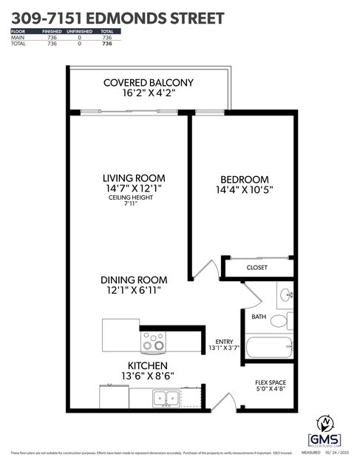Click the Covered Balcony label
(x=149, y=82)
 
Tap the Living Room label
(x=134, y=178)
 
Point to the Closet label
(x=257, y=267)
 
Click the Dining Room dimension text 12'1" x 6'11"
(x=134, y=291)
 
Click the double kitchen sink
(x=165, y=397)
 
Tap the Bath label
(x=259, y=317)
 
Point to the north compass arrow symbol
(x=325, y=423)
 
